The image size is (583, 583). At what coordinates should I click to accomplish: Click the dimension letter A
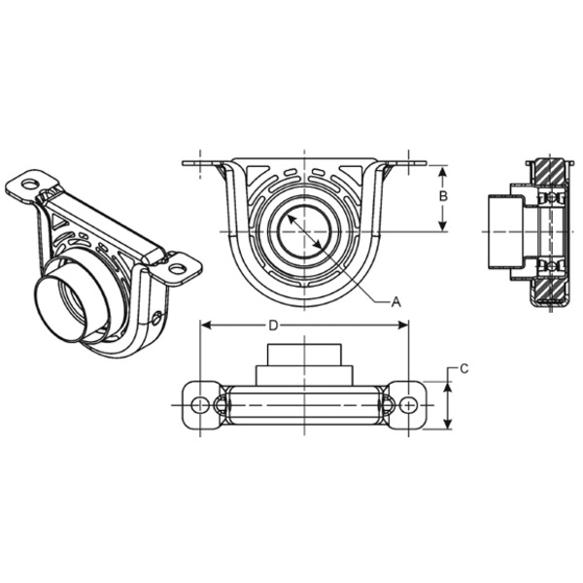[x=396, y=302]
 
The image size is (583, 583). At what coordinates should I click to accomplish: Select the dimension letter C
[x=464, y=368]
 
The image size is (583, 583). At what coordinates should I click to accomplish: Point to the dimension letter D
[x=274, y=324]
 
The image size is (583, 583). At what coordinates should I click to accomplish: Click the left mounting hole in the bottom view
[x=201, y=404]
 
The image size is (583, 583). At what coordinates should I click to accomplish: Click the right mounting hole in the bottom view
[x=411, y=404]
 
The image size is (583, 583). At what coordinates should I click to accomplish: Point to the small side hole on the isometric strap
[x=158, y=315]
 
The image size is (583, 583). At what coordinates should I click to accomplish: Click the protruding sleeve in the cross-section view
[x=503, y=231]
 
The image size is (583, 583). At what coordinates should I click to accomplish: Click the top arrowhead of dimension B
[x=443, y=169]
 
